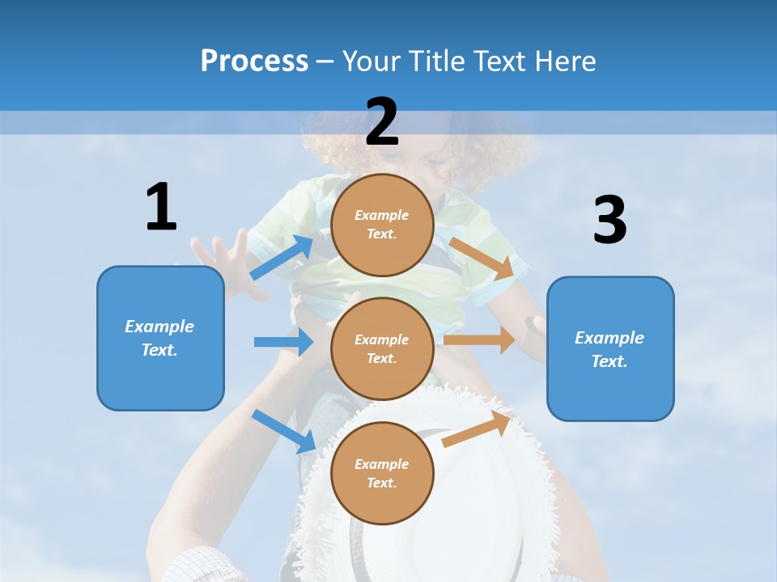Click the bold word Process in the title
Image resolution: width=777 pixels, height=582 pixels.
coord(254,61)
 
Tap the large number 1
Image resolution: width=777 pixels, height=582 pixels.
coord(161,207)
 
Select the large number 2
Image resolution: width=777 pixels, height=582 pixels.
coord(382,122)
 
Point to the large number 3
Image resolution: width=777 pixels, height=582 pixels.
coord(609,221)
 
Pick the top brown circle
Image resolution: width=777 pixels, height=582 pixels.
coord(382,225)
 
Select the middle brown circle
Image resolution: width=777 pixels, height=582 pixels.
coord(382,348)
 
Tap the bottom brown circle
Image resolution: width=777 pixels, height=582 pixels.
coord(382,473)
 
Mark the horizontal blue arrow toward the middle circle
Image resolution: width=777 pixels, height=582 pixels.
coord(283,342)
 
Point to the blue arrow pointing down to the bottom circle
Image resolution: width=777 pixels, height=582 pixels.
coord(284,431)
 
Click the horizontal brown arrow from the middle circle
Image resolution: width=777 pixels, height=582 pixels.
coord(479,339)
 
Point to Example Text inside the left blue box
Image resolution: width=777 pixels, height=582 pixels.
coord(159,338)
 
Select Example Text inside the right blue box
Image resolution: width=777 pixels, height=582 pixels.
coord(609,349)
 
